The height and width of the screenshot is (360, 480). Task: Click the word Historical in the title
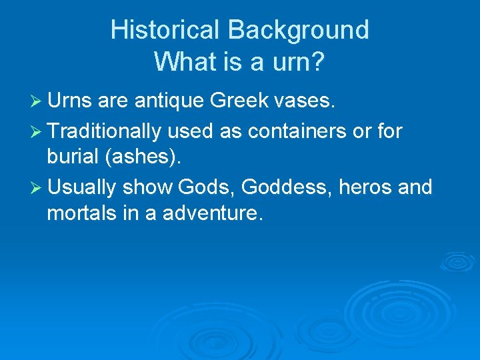click(165, 30)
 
